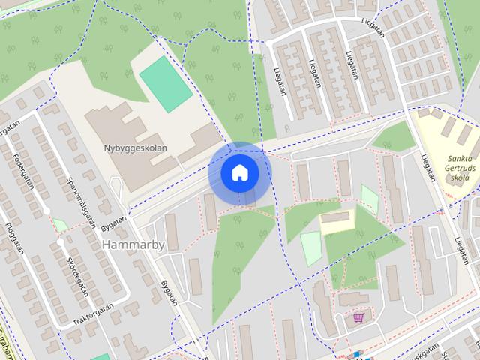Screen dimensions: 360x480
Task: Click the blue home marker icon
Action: [239, 173]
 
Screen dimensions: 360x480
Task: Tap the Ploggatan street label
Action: [15, 238]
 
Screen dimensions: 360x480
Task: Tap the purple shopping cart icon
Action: [359, 318]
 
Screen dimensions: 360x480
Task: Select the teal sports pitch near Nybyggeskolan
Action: [165, 84]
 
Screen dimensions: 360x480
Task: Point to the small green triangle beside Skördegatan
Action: [61, 224]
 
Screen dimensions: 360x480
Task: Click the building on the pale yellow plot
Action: [336, 217]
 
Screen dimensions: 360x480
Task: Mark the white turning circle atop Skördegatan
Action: [59, 243]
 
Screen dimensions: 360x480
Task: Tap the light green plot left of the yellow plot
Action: [310, 247]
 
